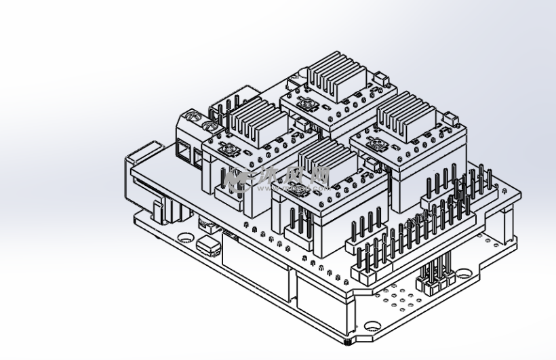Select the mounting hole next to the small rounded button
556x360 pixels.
[x=186, y=237]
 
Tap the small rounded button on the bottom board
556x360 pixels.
[x=210, y=245]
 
